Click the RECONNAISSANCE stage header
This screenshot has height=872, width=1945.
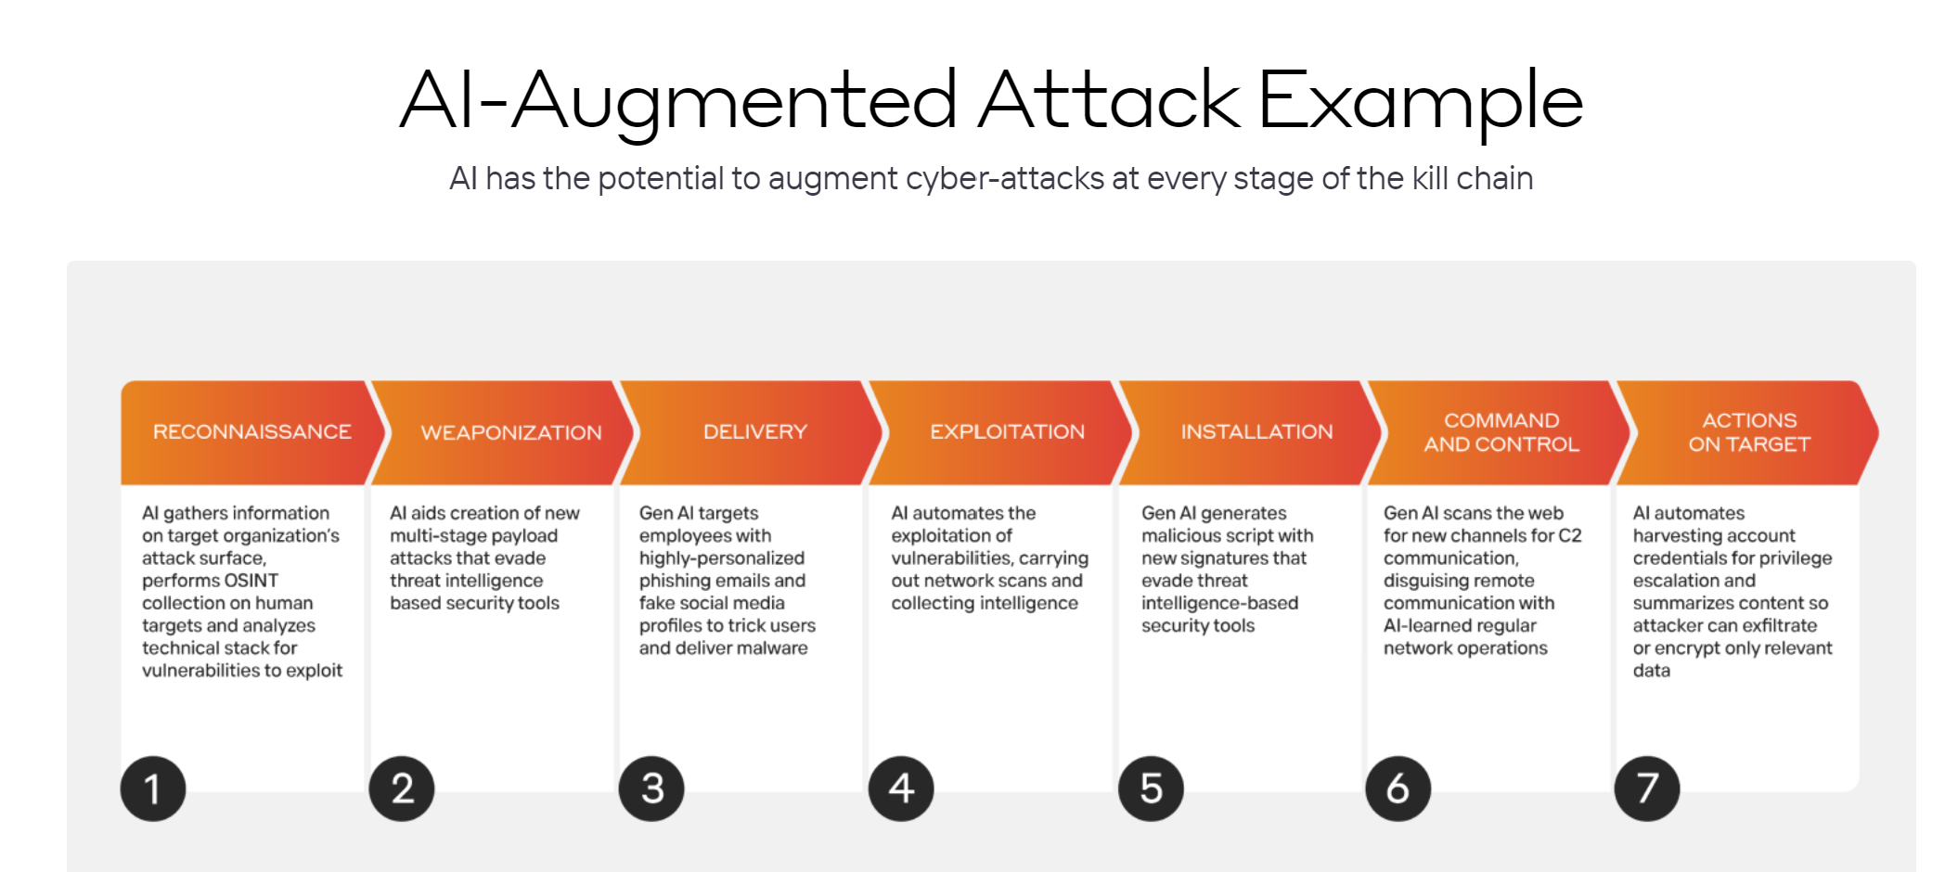point(251,432)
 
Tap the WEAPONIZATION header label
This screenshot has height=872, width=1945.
point(511,432)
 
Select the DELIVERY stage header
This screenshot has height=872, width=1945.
point(754,432)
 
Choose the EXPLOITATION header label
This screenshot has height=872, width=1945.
point(1007,432)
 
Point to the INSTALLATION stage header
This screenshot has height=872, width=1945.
point(1256,432)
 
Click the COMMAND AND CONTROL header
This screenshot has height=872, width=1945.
point(1501,432)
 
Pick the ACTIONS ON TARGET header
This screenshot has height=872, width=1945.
point(1749,432)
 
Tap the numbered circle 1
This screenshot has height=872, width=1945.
point(153,789)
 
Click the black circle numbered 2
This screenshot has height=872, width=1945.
point(402,789)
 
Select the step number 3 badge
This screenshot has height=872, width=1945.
point(651,789)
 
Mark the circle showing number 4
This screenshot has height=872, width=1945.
point(901,789)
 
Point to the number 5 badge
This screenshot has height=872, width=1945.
point(1151,789)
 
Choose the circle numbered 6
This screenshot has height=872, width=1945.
point(1398,789)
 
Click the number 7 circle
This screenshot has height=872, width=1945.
point(1647,789)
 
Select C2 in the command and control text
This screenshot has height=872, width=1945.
point(1570,535)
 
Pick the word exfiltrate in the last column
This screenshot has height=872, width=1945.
point(1772,625)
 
